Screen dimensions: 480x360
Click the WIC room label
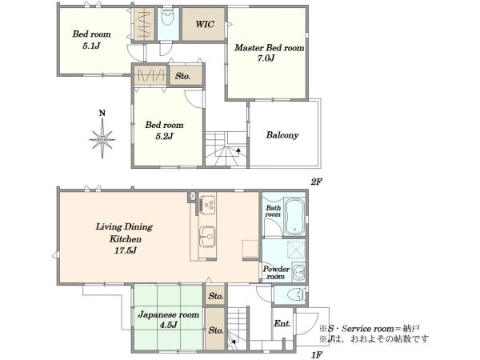click(x=205, y=24)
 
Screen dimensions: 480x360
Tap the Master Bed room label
click(x=270, y=48)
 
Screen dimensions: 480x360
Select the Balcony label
click(x=282, y=135)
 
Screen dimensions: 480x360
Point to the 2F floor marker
click(x=317, y=182)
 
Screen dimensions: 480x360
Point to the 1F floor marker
click(x=317, y=355)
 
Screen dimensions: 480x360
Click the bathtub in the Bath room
click(x=294, y=217)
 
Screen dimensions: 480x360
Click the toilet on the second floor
click(x=167, y=18)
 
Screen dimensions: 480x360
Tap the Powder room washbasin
click(x=299, y=271)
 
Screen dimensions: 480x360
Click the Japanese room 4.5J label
click(x=168, y=319)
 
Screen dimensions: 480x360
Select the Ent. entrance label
click(x=282, y=323)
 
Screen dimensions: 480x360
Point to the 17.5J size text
click(x=126, y=250)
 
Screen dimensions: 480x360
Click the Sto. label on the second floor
click(x=183, y=76)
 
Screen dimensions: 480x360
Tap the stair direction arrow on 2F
click(x=238, y=150)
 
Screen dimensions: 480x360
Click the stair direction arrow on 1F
click(x=233, y=342)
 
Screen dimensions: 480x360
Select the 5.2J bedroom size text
click(x=164, y=136)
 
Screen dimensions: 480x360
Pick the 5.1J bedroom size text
click(x=91, y=46)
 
